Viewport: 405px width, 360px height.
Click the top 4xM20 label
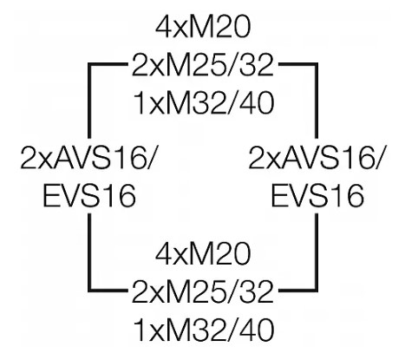(203, 29)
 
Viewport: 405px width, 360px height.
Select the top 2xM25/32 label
(203, 66)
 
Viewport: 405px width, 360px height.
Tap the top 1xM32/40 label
(204, 103)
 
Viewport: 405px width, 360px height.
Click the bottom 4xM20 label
(203, 254)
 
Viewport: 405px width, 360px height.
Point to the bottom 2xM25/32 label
(203, 292)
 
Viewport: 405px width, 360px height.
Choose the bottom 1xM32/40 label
(204, 330)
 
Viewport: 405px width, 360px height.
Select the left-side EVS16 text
(89, 196)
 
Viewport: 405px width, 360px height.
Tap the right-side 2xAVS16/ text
(316, 159)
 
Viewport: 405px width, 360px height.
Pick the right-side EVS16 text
(317, 196)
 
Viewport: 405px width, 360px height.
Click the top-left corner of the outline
(89, 64)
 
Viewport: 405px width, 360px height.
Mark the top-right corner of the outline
(317, 64)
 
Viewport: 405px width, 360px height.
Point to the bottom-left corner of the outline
(89, 289)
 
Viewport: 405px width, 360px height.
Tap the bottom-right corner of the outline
(317, 289)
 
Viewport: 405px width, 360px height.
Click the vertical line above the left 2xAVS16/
(89, 101)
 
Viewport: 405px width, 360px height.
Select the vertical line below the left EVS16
(89, 252)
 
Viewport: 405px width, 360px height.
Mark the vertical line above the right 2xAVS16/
(317, 101)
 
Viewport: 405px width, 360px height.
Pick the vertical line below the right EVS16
(317, 252)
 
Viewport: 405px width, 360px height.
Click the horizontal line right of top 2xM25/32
(297, 64)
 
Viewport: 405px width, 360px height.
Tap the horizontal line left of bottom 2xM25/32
(108, 289)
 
